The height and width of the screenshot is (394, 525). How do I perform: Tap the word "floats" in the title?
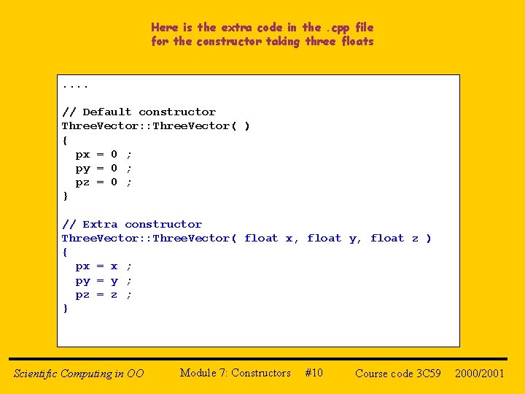(357, 42)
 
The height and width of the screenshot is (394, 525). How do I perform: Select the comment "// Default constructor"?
(139, 112)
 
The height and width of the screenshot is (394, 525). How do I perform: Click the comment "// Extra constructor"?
(132, 224)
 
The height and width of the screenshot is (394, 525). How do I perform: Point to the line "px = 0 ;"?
(104, 154)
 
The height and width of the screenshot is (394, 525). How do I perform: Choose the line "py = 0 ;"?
(104, 168)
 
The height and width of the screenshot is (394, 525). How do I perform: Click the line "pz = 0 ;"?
(104, 182)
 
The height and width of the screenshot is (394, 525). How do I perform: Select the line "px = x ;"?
(104, 266)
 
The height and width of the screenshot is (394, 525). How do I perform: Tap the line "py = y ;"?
(104, 280)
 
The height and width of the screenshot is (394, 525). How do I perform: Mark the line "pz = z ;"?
(104, 294)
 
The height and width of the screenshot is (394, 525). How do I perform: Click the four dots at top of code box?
(75, 85)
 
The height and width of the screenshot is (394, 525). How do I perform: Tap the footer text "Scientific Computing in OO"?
(79, 374)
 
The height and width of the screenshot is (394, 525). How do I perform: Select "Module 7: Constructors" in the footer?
(235, 373)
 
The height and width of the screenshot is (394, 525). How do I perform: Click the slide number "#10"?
(314, 373)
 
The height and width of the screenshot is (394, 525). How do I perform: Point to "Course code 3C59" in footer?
(398, 374)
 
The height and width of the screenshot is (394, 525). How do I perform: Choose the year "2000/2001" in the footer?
(480, 374)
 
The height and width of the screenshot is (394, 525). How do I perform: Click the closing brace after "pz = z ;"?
(66, 308)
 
